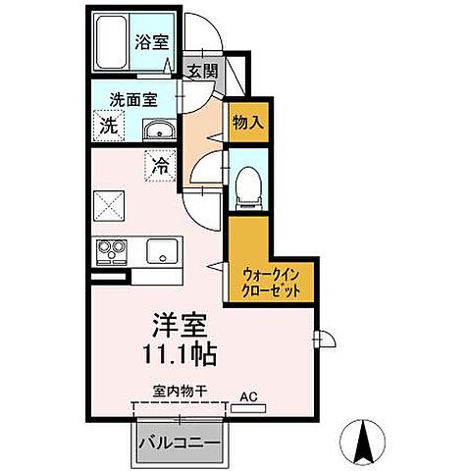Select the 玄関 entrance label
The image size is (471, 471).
coord(203,71)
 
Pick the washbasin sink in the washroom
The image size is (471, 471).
coord(158,132)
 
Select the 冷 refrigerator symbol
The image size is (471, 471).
coord(159,165)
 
